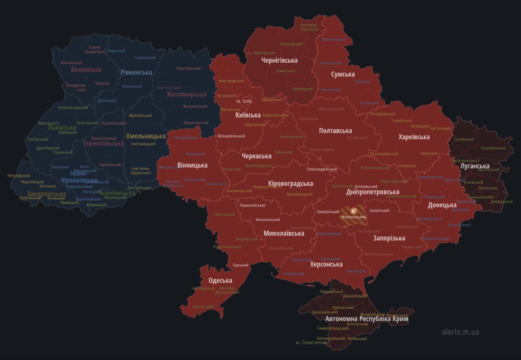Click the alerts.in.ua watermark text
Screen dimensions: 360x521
tap(460, 332)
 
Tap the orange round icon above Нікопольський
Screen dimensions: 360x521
tap(353, 211)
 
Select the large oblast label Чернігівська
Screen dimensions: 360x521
tap(279, 61)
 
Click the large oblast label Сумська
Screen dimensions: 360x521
tap(343, 75)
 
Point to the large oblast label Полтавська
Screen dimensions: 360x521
tap(335, 131)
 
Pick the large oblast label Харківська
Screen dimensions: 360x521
tap(414, 137)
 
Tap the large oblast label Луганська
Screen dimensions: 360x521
tap(475, 166)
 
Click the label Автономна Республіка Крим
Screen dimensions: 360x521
tap(367, 319)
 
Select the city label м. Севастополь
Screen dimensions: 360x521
tap(311, 342)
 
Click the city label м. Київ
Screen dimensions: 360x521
tap(244, 101)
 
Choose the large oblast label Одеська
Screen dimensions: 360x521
tap(220, 281)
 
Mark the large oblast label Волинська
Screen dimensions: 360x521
tap(86, 70)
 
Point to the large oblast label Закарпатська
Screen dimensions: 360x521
tap(46, 194)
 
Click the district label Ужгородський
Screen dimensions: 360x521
tap(19, 176)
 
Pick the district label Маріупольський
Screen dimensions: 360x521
tap(435, 239)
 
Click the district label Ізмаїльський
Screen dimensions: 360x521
tap(203, 306)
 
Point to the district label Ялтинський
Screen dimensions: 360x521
tap(357, 338)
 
